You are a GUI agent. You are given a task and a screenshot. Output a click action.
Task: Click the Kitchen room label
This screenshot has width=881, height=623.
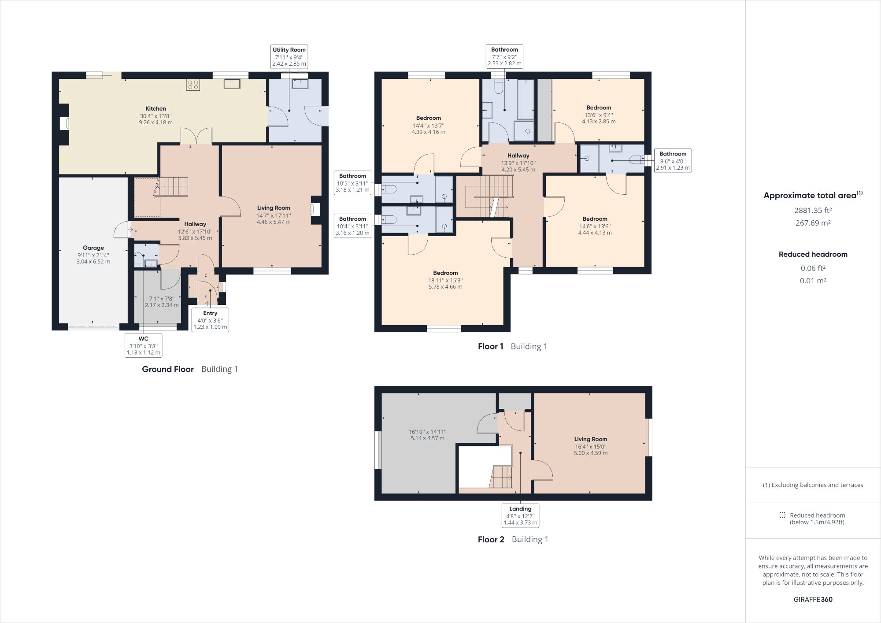coord(155,109)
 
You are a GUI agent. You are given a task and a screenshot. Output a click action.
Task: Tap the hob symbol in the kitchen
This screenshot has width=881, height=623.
coord(193,84)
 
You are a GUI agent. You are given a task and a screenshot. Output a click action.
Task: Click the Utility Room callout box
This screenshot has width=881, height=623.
coord(289,56)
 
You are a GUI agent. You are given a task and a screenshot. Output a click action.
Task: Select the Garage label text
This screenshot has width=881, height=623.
coord(93,248)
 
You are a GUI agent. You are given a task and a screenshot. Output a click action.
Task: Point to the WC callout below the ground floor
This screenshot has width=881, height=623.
coord(144,345)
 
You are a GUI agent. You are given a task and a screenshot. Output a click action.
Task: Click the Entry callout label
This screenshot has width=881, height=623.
coord(210,320)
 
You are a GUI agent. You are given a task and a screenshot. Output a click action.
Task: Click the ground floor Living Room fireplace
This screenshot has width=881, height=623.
coord(315,209)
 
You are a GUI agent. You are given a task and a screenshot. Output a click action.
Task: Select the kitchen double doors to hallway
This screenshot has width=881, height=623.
coord(196,137)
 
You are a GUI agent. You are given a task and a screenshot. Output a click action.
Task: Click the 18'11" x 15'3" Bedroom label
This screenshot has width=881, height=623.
coord(445,279)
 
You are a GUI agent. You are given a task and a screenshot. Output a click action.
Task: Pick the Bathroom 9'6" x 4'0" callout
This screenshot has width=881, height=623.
coord(673,160)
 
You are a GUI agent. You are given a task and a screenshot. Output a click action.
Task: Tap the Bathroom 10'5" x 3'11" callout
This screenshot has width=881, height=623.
coord(352,182)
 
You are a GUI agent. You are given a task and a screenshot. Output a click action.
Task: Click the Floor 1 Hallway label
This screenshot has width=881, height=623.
coord(518,156)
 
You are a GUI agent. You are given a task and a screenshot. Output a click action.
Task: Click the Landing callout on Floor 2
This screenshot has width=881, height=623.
coord(520,515)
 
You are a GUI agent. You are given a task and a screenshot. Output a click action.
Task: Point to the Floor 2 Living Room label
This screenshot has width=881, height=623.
coord(590,439)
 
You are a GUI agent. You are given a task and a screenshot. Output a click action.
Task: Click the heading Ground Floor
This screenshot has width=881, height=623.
coord(168,369)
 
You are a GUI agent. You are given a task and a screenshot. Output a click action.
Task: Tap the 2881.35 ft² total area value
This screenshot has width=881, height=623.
coord(813,211)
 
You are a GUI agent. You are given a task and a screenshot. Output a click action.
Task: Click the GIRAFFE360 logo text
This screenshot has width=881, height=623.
coord(813,599)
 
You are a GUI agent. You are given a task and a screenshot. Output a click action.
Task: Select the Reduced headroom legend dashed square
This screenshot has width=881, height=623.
coord(782,515)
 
